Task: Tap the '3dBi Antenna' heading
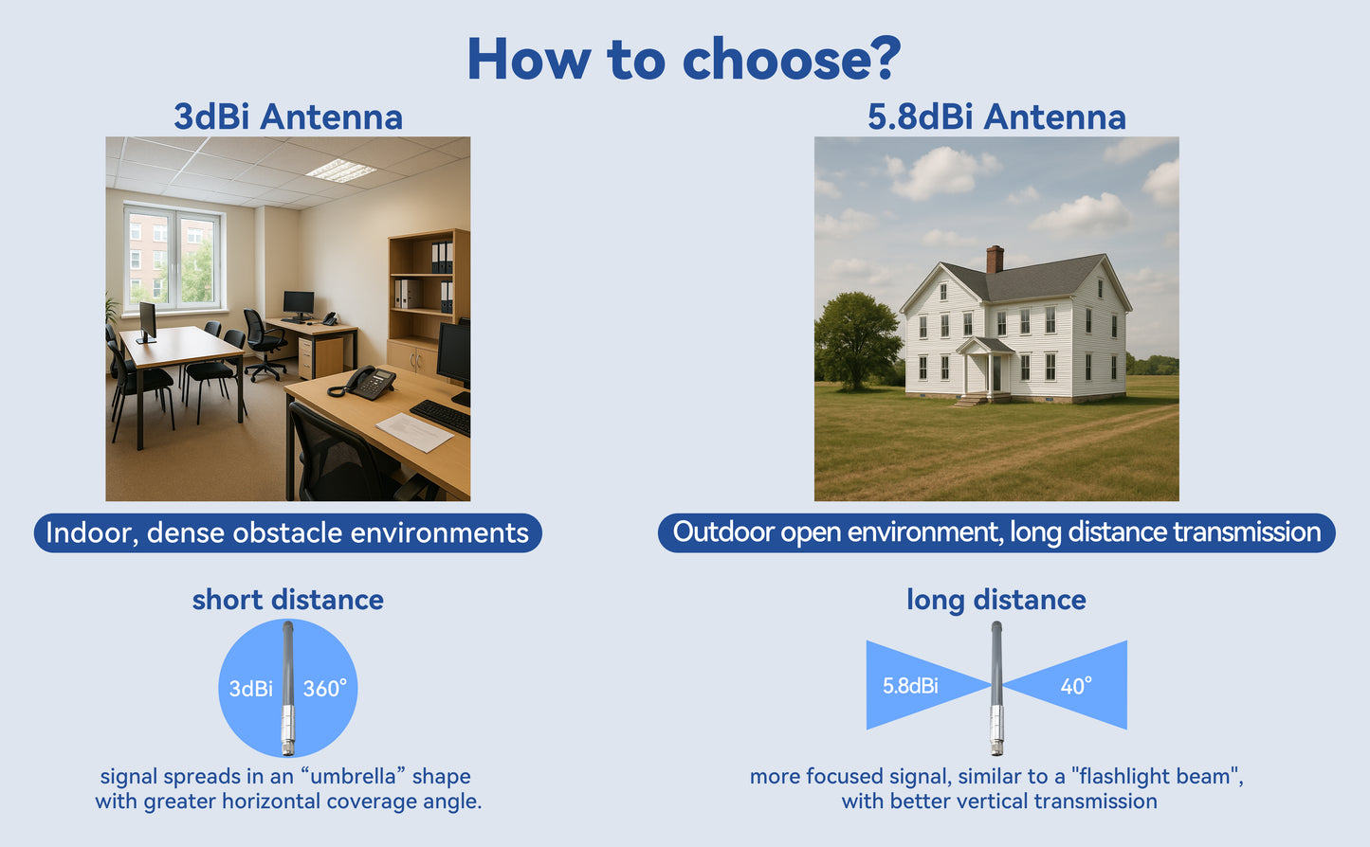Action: [x=288, y=117]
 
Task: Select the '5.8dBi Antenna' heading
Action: [x=996, y=117]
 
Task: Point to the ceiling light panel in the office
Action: [x=340, y=170]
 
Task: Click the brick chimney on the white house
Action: [x=996, y=259]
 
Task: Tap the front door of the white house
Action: [x=996, y=373]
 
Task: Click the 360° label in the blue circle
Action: [x=325, y=689]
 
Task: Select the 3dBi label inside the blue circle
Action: [x=250, y=689]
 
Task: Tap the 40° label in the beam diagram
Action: [x=1076, y=686]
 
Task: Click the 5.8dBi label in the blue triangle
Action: [x=910, y=686]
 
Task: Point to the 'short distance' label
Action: [x=288, y=600]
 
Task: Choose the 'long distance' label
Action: [x=996, y=600]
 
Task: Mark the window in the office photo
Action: [x=174, y=258]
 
